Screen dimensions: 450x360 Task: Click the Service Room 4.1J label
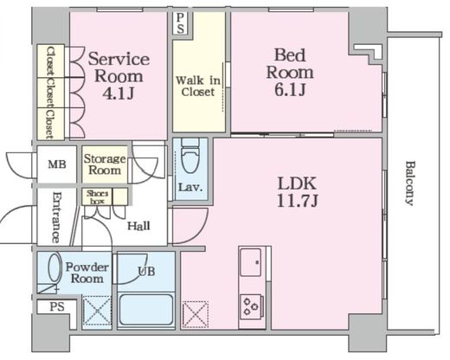pos(119,76)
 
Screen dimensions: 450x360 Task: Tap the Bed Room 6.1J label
pos(290,73)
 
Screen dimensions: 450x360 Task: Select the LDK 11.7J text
pos(297,191)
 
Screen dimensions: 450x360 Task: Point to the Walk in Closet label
pos(198,86)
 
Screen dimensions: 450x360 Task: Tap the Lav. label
pos(190,188)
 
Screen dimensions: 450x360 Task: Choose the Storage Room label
pos(105,164)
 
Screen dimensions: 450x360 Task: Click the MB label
pos(57,164)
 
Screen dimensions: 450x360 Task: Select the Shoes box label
pos(97,196)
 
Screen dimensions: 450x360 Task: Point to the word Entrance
pos(56,217)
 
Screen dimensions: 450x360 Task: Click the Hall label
pos(138,226)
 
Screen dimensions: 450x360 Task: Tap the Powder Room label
pos(87,273)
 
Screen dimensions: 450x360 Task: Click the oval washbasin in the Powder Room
pos(55,267)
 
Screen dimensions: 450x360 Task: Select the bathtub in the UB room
pos(146,310)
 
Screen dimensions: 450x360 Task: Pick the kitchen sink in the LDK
pos(251,262)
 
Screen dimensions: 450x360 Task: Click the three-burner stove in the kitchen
pos(251,306)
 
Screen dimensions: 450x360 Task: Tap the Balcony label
pos(410,183)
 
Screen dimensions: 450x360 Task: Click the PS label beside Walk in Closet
pos(180,23)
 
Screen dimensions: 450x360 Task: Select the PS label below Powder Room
pos(57,306)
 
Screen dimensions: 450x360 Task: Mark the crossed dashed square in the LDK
pos(196,314)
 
